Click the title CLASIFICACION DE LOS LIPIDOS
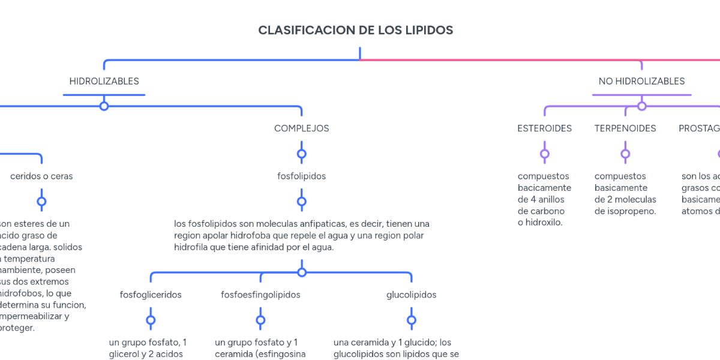point(355,30)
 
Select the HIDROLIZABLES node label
point(104,81)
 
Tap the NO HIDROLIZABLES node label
point(641,81)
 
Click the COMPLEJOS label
point(301,128)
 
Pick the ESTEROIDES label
point(544,128)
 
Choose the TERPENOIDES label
point(625,128)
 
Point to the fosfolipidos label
point(301,176)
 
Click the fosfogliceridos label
point(151,295)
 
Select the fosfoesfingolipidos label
point(260,295)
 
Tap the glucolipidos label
point(412,295)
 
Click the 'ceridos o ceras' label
point(41,176)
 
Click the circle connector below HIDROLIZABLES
point(104,106)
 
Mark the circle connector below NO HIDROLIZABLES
point(641,106)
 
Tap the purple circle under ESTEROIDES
point(544,154)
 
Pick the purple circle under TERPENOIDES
point(625,154)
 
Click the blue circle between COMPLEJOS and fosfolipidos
point(301,154)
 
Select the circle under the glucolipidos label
point(412,320)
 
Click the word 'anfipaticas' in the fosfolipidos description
point(315,224)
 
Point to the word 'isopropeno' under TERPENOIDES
point(632,211)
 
